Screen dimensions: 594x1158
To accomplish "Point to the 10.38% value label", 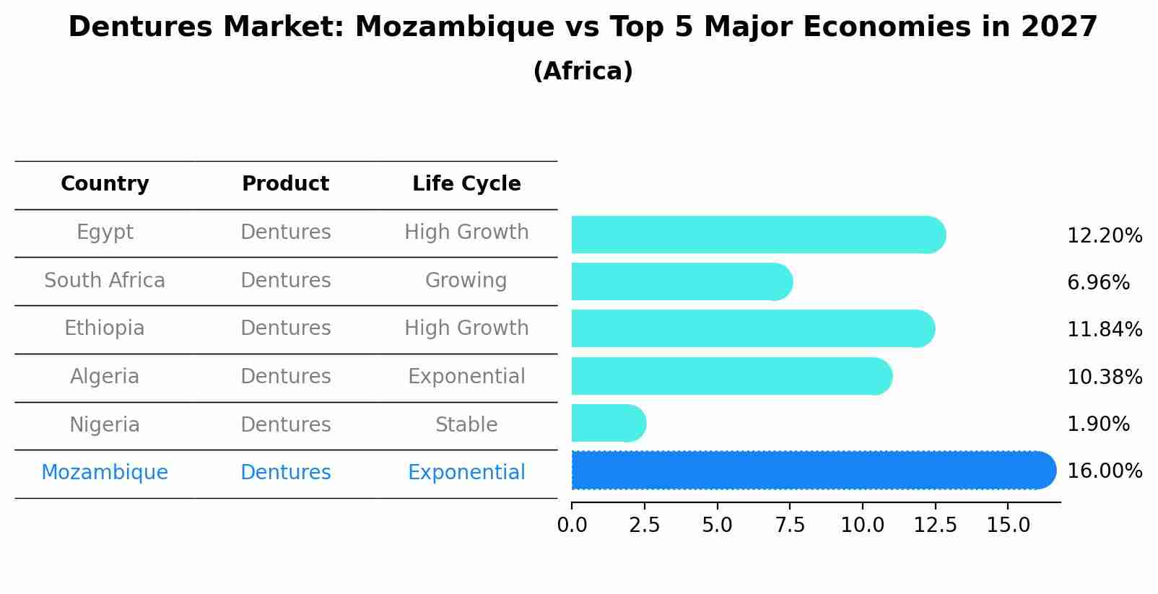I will [x=1104, y=377].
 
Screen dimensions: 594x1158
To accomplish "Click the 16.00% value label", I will [x=1104, y=471].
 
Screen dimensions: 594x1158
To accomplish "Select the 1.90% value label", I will [x=1097, y=424].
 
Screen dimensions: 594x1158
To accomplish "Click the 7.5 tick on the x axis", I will [x=790, y=525].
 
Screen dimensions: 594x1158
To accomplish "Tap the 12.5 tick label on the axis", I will [x=935, y=525].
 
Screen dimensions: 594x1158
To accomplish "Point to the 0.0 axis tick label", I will [x=572, y=525].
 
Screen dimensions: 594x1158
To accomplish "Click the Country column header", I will [x=105, y=184].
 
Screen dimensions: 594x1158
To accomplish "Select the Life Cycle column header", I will [x=466, y=184].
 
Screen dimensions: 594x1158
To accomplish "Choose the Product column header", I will [x=285, y=184].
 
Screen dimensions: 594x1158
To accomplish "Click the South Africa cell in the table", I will [x=105, y=281].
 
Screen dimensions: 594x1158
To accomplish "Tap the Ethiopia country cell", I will [x=105, y=328].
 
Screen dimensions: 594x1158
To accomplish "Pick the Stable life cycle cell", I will [x=466, y=425].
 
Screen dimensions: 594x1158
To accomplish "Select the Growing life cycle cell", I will [x=466, y=281].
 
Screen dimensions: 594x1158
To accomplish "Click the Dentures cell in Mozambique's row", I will [x=285, y=473].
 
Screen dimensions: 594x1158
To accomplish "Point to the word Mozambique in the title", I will [x=474, y=27].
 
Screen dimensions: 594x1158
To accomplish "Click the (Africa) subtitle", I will [x=583, y=71].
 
